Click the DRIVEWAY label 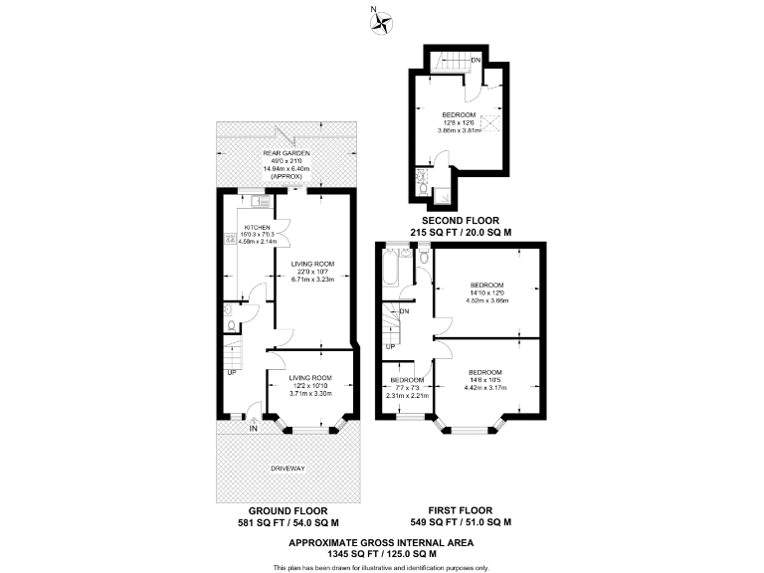point(285,468)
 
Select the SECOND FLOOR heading point(461,220)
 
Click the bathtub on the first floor point(389,267)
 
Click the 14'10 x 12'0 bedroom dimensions point(487,293)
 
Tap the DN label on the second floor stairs point(477,61)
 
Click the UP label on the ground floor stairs point(232,373)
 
